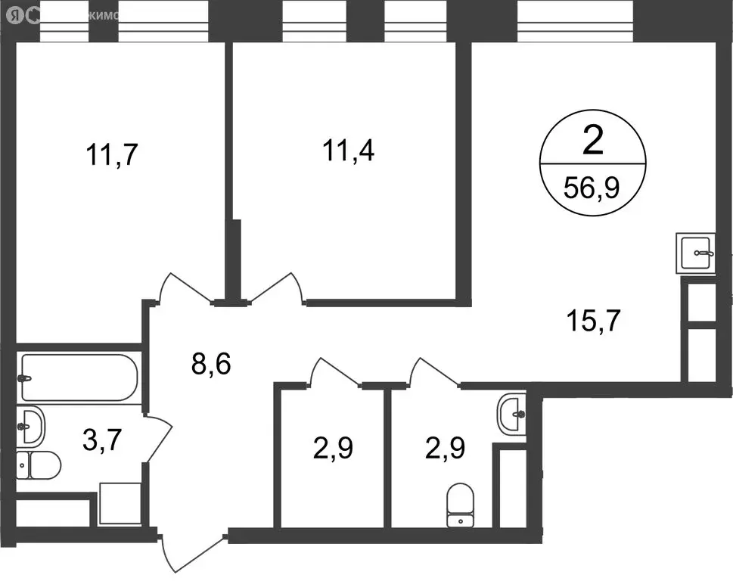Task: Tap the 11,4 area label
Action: [x=348, y=152]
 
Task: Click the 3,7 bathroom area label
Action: [x=102, y=440]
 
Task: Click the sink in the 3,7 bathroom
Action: [x=31, y=426]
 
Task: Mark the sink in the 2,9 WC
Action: [x=512, y=414]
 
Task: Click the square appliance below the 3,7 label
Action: [x=120, y=505]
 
